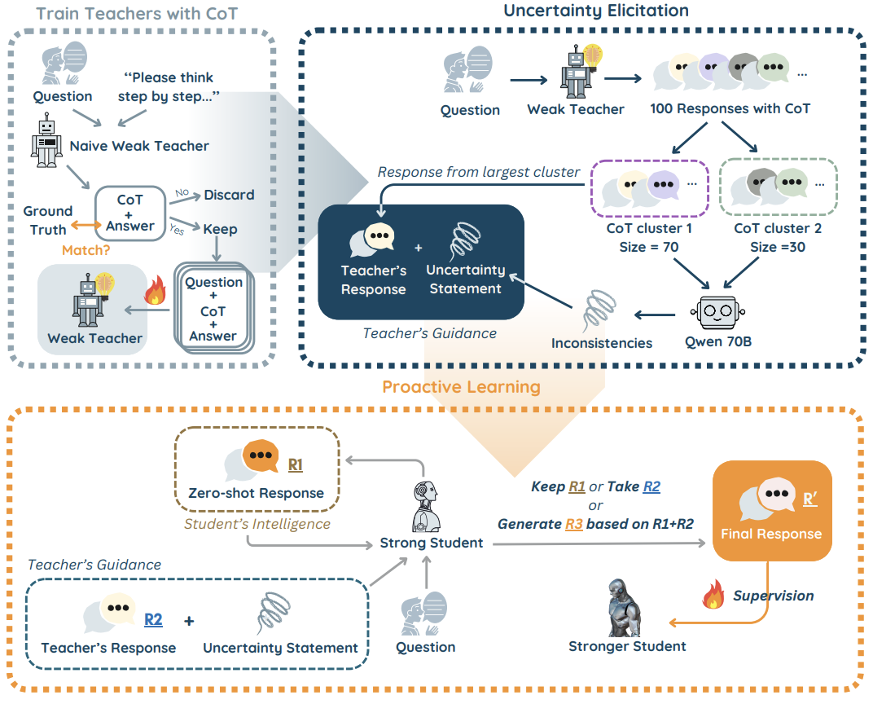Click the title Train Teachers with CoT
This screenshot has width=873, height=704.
click(x=137, y=13)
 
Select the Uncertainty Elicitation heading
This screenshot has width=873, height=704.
click(x=596, y=11)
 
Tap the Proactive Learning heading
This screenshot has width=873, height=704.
click(x=461, y=386)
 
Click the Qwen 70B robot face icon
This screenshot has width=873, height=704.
click(x=717, y=312)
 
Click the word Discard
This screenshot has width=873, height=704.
click(x=229, y=195)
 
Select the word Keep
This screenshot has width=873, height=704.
click(x=220, y=229)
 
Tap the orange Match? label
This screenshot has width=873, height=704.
click(x=86, y=250)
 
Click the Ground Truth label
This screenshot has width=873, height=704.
click(x=48, y=221)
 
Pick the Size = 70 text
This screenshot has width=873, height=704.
click(x=648, y=247)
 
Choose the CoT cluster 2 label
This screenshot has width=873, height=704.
click(x=777, y=228)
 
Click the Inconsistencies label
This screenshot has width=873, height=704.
click(x=601, y=343)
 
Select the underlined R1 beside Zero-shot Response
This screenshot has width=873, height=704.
click(x=295, y=464)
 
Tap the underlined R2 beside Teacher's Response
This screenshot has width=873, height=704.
click(x=153, y=619)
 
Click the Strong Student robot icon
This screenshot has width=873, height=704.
click(x=426, y=507)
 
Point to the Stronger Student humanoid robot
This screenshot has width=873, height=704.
click(x=624, y=608)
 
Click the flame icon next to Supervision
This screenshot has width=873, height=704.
click(x=713, y=594)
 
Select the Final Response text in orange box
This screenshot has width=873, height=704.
click(x=771, y=534)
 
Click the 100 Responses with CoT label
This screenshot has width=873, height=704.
click(x=730, y=108)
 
